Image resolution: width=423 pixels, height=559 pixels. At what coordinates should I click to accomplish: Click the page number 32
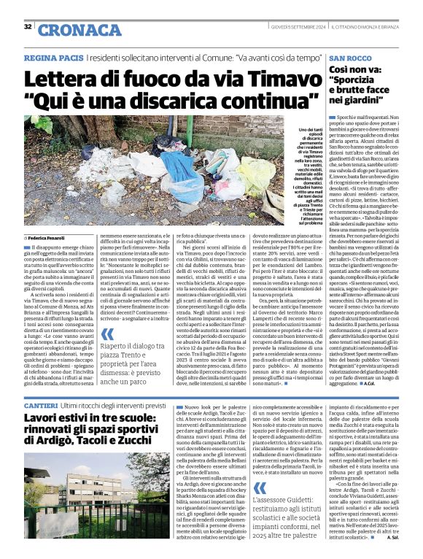tap(28, 27)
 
